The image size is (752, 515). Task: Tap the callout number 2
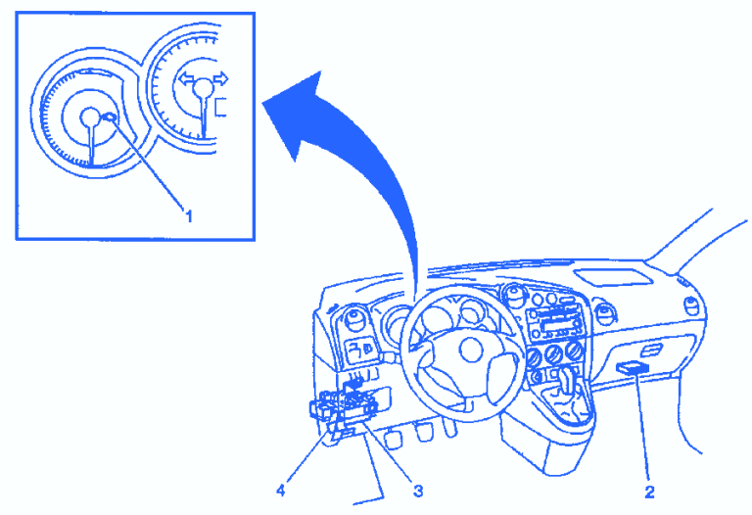coord(647,482)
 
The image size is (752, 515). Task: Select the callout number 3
coord(418,490)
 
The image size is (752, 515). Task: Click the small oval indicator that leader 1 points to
coord(111,118)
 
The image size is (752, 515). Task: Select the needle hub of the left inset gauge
coord(91,118)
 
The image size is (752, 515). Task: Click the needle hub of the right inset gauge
coord(202,89)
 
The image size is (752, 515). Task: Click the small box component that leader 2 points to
coord(633,367)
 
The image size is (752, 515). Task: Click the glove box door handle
coord(648,350)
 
